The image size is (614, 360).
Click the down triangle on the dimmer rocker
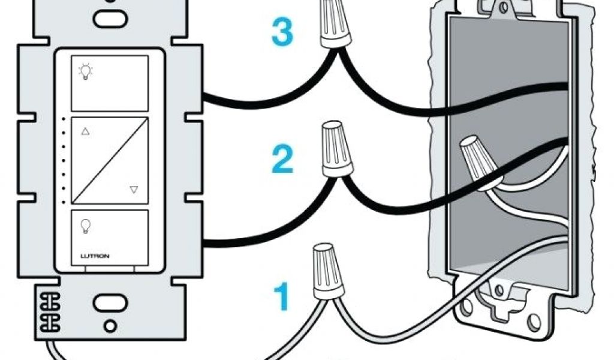tap(134, 190)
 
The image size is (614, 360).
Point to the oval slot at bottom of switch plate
tap(105, 299)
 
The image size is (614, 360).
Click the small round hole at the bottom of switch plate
tap(109, 328)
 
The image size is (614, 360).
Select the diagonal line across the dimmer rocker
tap(109, 161)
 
